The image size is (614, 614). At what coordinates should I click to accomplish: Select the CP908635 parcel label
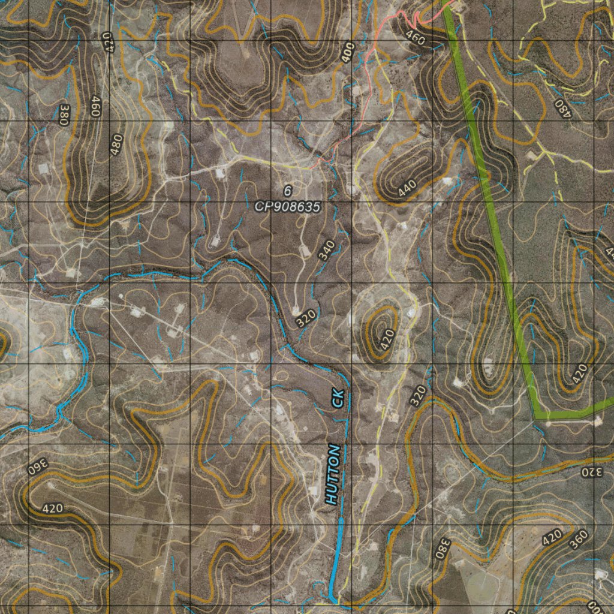click(x=288, y=207)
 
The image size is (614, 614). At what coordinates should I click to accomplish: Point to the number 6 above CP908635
click(x=287, y=191)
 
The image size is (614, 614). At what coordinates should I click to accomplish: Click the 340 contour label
click(x=326, y=250)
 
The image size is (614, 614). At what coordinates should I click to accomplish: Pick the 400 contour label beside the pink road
click(x=348, y=52)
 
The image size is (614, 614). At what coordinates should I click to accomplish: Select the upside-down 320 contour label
click(x=589, y=472)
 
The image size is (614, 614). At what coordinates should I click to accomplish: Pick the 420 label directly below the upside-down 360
click(x=53, y=508)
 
